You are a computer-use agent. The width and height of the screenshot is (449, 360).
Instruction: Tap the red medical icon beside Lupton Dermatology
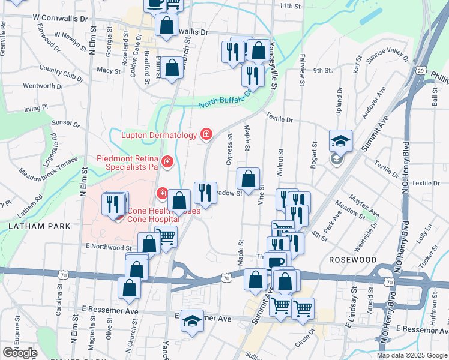tap(206, 134)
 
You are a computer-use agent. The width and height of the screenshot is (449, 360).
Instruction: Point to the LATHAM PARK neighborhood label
tap(40, 226)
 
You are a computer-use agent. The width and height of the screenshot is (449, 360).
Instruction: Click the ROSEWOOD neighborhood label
tap(352, 260)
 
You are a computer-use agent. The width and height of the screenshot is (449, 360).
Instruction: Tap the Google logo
tap(20, 353)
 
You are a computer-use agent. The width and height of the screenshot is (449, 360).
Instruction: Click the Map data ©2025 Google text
tap(412, 355)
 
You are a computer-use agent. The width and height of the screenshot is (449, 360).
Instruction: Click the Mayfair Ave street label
tap(365, 208)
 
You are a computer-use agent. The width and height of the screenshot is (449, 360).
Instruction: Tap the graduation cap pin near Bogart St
tap(340, 142)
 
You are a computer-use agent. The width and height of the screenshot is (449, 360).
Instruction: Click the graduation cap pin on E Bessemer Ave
tap(192, 322)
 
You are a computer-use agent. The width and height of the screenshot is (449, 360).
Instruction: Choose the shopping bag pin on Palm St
tap(172, 68)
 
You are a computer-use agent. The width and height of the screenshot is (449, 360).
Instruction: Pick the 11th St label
tap(289, 6)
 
